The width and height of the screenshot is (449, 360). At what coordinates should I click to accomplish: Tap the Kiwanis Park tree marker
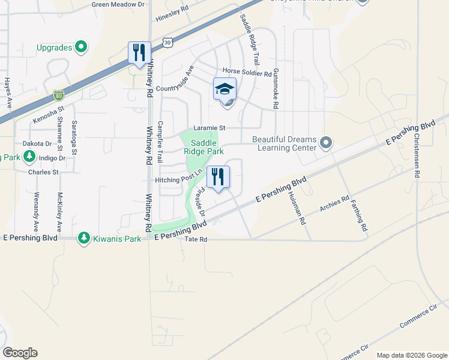tap(85, 239)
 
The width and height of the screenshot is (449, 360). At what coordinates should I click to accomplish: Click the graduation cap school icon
tap(225, 89)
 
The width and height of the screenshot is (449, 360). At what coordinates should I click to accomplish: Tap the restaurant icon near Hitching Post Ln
tap(218, 176)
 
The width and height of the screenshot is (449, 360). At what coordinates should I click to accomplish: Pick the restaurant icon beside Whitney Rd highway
tap(139, 52)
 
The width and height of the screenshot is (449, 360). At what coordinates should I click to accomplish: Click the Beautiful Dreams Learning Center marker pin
tap(326, 143)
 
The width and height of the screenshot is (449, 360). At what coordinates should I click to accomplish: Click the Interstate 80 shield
tap(58, 95)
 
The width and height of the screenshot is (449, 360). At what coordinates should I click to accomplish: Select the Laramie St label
tap(209, 128)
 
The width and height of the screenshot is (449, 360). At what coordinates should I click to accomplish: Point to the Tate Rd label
tap(196, 239)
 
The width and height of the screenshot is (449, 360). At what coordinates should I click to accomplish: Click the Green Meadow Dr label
tap(119, 4)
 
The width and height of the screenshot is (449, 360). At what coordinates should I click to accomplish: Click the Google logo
tap(20, 353)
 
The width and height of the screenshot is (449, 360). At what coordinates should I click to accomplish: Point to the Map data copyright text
tap(411, 355)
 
